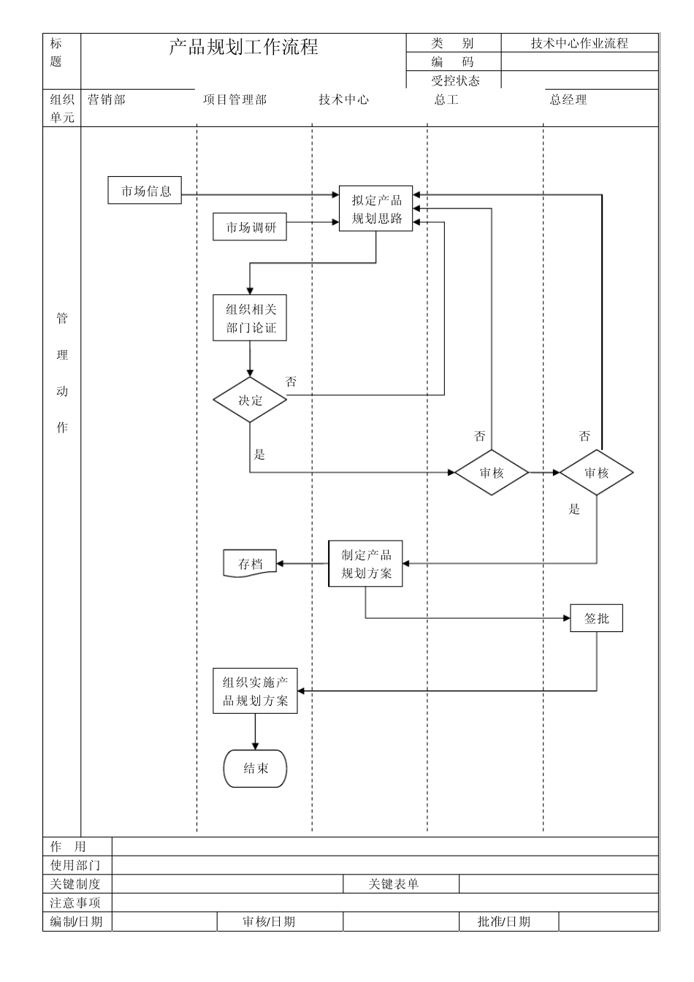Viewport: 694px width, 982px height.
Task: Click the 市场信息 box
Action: [145, 191]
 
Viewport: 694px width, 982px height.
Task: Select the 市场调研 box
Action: [250, 227]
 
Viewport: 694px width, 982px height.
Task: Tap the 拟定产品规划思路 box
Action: [375, 209]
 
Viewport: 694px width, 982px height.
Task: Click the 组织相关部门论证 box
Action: [250, 319]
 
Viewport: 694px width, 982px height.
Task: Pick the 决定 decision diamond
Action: [250, 400]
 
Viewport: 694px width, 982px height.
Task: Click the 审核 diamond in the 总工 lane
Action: [492, 473]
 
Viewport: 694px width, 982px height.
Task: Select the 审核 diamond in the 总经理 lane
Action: [596, 473]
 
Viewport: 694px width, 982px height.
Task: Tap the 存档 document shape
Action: [250, 564]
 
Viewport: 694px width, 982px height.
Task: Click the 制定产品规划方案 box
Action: [365, 564]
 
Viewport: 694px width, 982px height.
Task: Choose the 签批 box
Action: [596, 618]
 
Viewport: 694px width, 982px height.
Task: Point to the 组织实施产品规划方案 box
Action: [255, 691]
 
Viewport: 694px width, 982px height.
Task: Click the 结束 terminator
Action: [255, 768]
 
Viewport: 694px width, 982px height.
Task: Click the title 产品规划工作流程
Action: [243, 48]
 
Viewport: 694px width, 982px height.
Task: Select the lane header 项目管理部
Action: [234, 100]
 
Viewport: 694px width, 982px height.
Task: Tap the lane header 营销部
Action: [107, 100]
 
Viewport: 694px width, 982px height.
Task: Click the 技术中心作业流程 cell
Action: [579, 43]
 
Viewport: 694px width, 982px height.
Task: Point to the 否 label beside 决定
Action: [291, 381]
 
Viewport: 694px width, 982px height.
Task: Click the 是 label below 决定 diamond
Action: [259, 454]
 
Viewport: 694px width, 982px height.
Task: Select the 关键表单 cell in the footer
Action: [393, 884]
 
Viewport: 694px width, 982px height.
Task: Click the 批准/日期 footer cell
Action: [504, 921]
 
